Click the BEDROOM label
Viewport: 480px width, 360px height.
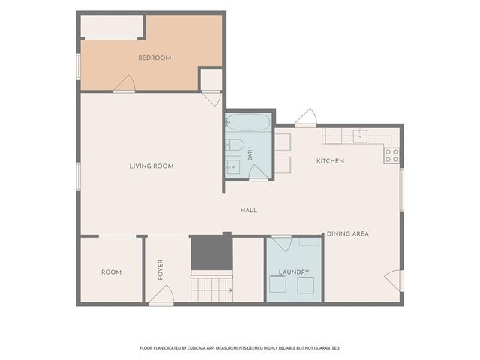(x=154, y=58)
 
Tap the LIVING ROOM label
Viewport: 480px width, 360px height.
(x=151, y=166)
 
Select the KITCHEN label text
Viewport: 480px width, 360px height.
(x=330, y=161)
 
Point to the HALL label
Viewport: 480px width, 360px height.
(x=248, y=210)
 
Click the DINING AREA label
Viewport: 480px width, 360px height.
(x=348, y=233)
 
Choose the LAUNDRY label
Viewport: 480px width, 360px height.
(x=294, y=271)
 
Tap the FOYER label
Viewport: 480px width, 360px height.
(x=160, y=270)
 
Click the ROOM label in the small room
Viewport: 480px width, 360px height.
(x=111, y=272)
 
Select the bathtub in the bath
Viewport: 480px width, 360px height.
(x=248, y=122)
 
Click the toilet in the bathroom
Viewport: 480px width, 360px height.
(x=235, y=145)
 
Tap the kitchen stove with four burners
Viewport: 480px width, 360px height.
(x=391, y=155)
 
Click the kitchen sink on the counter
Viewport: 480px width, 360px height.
(x=360, y=136)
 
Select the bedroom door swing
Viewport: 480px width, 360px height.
(x=124, y=83)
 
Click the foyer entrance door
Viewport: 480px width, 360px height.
(x=162, y=295)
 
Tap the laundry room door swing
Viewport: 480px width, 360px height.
(x=282, y=243)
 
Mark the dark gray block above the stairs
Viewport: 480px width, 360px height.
(x=211, y=253)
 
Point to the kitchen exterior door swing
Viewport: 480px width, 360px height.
(x=306, y=118)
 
